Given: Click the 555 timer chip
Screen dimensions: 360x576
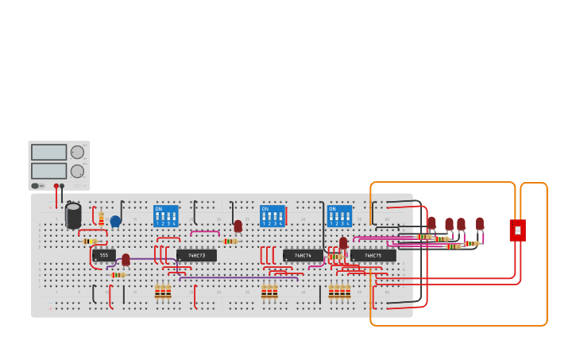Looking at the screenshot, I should (x=104, y=255).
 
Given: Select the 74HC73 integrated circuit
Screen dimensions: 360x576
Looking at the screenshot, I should (x=196, y=255).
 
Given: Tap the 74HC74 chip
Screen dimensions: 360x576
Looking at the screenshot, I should (x=303, y=255).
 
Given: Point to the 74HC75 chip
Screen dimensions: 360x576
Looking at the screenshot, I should (x=373, y=255).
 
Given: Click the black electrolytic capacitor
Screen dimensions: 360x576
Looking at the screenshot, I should (x=73, y=215).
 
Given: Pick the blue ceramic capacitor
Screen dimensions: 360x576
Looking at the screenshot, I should (x=115, y=221).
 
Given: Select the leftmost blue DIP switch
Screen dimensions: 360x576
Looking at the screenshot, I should (x=165, y=215).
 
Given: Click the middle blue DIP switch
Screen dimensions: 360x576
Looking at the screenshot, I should (x=272, y=215).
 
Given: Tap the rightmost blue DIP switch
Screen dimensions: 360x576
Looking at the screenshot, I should (x=339, y=215).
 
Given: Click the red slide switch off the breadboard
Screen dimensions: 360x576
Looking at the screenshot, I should (x=517, y=230).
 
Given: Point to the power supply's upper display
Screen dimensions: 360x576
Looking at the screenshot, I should (x=48, y=152).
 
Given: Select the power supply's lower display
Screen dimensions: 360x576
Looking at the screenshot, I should (x=48, y=170).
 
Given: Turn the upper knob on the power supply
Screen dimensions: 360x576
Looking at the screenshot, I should (x=77, y=152).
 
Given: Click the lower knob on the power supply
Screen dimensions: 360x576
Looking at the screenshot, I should (x=77, y=171).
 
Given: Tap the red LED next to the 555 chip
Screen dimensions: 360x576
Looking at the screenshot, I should (x=126, y=259).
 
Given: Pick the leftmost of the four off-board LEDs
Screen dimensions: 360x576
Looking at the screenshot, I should (x=431, y=223).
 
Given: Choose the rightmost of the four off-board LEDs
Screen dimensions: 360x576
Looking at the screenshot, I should (x=480, y=223).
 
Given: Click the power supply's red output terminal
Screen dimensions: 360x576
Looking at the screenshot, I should (x=56, y=186).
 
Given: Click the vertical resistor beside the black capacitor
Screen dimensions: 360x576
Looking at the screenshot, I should (x=101, y=216).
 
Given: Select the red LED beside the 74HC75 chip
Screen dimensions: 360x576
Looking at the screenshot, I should (x=343, y=242).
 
